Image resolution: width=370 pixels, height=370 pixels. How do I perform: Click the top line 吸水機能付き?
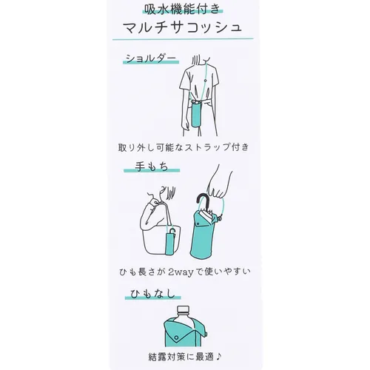(184, 10)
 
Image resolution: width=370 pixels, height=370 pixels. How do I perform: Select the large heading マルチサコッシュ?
(184, 29)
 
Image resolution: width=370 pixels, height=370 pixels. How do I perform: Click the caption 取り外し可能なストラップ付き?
(184, 148)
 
